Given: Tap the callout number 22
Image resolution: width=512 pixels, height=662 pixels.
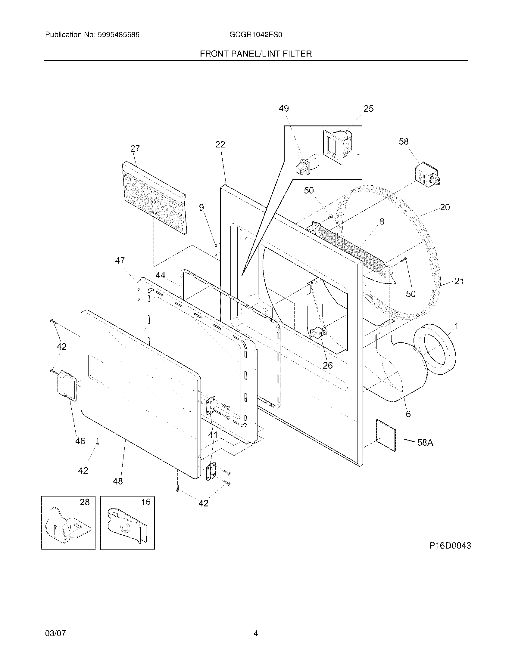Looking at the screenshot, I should pyautogui.click(x=220, y=144).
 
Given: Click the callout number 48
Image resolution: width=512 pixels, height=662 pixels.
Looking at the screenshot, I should pyautogui.click(x=118, y=481).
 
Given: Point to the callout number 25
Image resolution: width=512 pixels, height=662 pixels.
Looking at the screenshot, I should pyautogui.click(x=368, y=109).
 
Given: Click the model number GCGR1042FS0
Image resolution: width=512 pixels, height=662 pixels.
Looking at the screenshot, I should pyautogui.click(x=256, y=35).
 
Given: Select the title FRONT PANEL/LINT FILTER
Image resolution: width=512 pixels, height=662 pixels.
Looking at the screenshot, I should pyautogui.click(x=256, y=54).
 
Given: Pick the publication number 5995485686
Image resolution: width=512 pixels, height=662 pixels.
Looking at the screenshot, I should pyautogui.click(x=118, y=35).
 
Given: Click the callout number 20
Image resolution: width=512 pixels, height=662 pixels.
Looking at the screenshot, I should pyautogui.click(x=445, y=207).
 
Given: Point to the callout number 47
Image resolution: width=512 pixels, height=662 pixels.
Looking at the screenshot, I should pyautogui.click(x=120, y=260).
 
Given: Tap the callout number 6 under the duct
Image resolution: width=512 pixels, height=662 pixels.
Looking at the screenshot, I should pyautogui.click(x=408, y=414).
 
